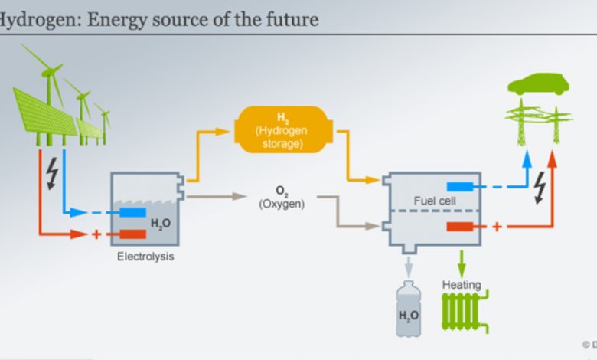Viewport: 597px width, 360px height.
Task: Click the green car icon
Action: tap(538, 84)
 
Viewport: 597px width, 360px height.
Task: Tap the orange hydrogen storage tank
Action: tap(283, 129)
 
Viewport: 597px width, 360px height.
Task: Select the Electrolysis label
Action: tap(145, 257)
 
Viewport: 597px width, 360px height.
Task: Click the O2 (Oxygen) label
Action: tap(282, 198)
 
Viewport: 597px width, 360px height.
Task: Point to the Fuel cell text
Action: tap(435, 201)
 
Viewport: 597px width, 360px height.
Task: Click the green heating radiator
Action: tap(465, 312)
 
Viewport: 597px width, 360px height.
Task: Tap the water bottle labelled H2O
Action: tap(409, 309)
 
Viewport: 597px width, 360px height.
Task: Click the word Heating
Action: tap(462, 285)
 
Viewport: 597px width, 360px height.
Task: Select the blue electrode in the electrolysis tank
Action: tap(133, 212)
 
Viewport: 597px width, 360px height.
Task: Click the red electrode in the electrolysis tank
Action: tap(133, 234)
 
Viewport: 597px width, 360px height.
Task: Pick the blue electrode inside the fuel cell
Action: tap(460, 187)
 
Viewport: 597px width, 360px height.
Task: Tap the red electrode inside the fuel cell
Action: tap(460, 227)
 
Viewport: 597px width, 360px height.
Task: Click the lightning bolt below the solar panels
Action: tap(52, 174)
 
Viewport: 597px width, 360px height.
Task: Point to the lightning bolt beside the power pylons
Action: tap(540, 188)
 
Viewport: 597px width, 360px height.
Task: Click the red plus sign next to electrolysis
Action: tap(96, 234)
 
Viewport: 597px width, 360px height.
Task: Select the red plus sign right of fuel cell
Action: tap(497, 227)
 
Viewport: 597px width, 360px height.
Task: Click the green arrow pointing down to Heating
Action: tap(462, 264)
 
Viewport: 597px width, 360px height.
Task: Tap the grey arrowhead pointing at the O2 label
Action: tap(240, 197)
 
